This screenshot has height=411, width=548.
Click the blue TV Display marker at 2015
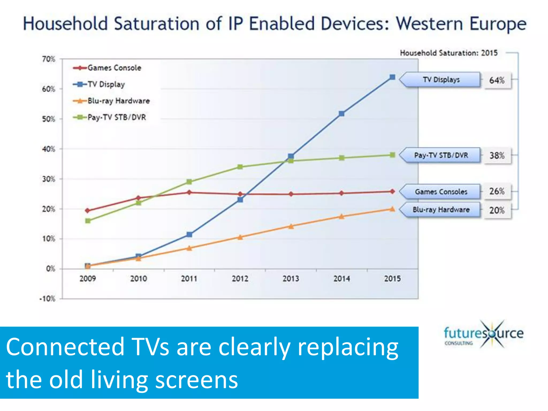coord(392,77)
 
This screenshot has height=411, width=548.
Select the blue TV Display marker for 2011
coord(189,234)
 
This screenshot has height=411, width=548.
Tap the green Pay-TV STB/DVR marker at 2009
coord(88,221)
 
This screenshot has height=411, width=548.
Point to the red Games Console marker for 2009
coord(87,211)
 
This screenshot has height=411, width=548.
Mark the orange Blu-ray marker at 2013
coord(291,226)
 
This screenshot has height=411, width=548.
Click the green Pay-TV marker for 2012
coord(240,167)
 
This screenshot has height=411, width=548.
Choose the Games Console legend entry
coord(107,68)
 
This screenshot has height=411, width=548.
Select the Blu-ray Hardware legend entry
coord(111,101)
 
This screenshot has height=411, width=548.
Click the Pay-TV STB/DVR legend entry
coord(110,117)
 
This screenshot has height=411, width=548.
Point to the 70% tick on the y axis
coord(48,59)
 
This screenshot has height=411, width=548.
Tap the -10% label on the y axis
coord(47,299)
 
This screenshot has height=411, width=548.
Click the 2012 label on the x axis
coord(240,279)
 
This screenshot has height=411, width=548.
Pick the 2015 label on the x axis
coord(392,279)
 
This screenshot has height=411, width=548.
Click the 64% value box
coord(497,80)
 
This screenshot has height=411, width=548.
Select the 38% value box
coord(497,155)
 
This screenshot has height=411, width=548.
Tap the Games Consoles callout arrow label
coord(441,192)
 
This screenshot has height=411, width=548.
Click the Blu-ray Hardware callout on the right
coord(441,210)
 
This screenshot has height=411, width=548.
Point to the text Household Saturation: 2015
coord(449,53)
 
